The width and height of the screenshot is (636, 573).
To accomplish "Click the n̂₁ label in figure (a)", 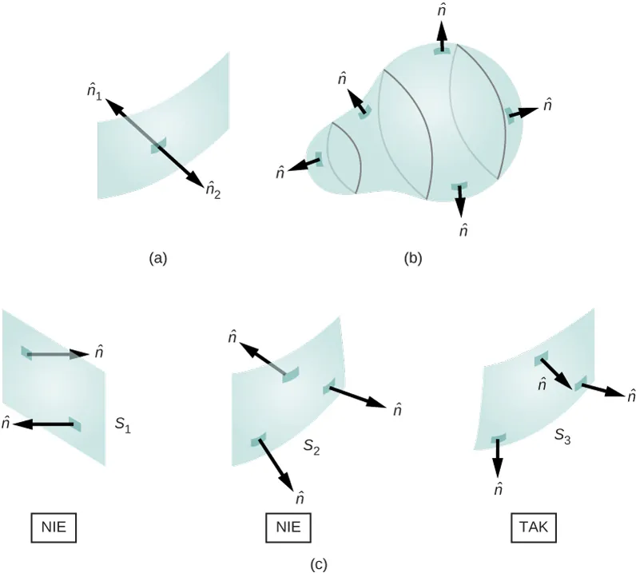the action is [x=94, y=94].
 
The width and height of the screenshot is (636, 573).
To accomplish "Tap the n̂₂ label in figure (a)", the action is [x=213, y=189].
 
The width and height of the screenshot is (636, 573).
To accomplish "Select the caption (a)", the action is [x=157, y=258].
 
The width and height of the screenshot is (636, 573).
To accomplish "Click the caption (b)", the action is [x=413, y=258].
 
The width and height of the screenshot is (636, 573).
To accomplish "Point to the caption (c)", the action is [x=319, y=564].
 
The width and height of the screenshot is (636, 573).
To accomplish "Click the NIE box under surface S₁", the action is [x=54, y=527].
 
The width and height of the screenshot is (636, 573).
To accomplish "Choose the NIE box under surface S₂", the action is [x=288, y=527].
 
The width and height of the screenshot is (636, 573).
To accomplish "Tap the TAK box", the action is [x=534, y=527].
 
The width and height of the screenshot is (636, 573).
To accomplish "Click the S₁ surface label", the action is [x=122, y=424].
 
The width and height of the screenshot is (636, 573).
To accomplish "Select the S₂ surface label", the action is [x=312, y=447].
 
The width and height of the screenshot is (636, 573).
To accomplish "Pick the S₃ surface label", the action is [x=562, y=436].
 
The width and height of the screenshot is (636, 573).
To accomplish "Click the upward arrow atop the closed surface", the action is [x=442, y=36].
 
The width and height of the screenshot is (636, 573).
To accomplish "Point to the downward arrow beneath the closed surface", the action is [x=460, y=201].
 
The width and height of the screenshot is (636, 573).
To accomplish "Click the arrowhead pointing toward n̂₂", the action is [x=196, y=181].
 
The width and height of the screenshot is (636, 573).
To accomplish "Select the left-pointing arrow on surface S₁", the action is [x=44, y=424].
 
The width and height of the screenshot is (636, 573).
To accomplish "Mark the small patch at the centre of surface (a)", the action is [x=158, y=145].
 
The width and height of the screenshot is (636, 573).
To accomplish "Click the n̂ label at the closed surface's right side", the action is [x=547, y=105].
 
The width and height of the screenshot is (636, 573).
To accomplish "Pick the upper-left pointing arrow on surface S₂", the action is [x=263, y=359].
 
